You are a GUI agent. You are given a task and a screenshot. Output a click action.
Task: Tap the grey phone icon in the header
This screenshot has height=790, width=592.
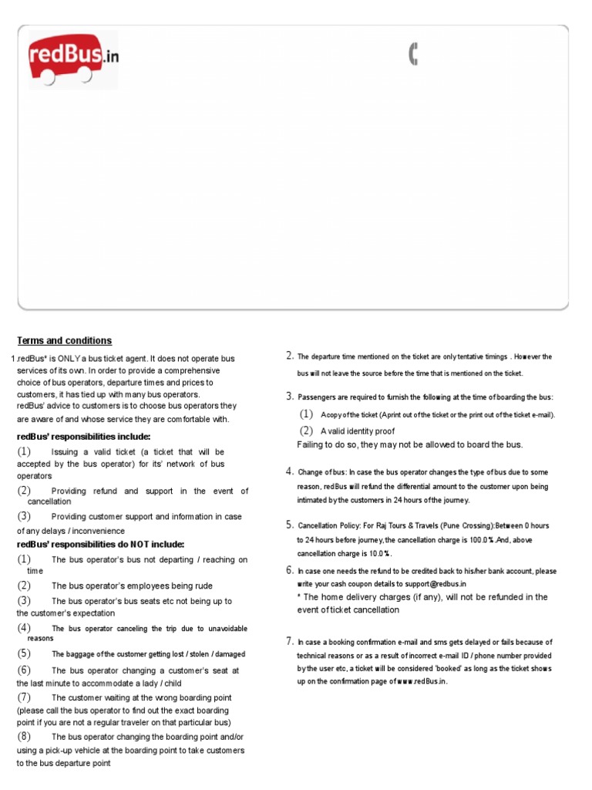coord(413,54)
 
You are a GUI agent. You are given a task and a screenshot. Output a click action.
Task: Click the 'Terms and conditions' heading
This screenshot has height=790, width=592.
coord(64,340)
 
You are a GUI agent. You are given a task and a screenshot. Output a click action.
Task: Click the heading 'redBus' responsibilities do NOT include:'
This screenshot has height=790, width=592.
coord(100,544)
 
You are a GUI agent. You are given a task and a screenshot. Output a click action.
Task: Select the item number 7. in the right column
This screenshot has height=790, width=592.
coord(290,641)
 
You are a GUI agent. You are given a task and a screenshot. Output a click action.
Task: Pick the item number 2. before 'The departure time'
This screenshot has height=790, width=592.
coord(290,356)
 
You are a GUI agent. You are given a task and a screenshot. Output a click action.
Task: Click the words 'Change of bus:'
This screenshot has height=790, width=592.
coord(321,472)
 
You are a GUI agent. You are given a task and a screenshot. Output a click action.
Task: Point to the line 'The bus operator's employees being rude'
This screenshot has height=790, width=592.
coord(132,586)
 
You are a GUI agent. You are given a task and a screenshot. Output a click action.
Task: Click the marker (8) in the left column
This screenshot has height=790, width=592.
coord(24,736)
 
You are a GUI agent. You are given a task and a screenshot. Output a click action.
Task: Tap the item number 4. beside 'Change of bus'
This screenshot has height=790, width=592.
coord(290,471)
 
